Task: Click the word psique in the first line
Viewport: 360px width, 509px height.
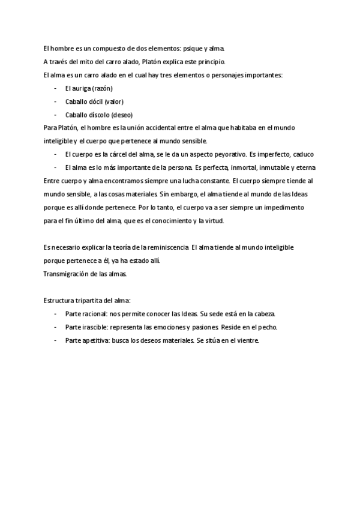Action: coord(191,48)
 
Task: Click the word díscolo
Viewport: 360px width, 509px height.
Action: coord(98,115)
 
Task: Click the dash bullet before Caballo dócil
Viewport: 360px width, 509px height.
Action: coord(55,101)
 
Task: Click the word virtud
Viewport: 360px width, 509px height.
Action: coord(211,221)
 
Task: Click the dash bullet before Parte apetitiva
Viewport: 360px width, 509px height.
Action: coord(55,340)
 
